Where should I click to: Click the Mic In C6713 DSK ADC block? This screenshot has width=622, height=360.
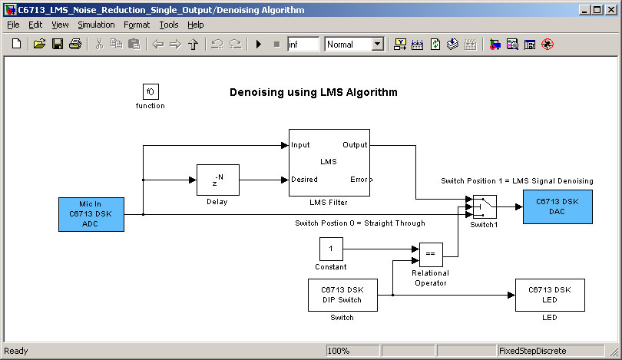91,213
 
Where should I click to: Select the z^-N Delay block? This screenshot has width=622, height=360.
218,180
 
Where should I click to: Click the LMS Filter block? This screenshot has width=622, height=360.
329,162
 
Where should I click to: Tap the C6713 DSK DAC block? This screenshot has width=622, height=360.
557,206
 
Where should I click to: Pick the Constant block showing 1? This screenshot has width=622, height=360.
330,249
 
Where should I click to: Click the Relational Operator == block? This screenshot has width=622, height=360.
430,254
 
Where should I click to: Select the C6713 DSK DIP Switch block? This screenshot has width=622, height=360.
342,295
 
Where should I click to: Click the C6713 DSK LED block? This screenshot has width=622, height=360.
550,295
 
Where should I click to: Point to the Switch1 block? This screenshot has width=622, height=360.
484,206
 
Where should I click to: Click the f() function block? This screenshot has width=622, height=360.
150,91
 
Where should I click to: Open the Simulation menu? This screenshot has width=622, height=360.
96,25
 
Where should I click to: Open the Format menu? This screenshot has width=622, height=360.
137,25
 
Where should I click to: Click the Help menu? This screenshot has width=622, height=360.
196,25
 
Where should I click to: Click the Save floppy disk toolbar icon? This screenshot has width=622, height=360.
58,45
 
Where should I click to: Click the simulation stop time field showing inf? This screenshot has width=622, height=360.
303,45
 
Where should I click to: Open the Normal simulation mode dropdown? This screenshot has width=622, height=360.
377,45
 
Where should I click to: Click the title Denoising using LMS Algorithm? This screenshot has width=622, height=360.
313,92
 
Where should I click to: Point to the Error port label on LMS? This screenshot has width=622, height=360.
359,180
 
